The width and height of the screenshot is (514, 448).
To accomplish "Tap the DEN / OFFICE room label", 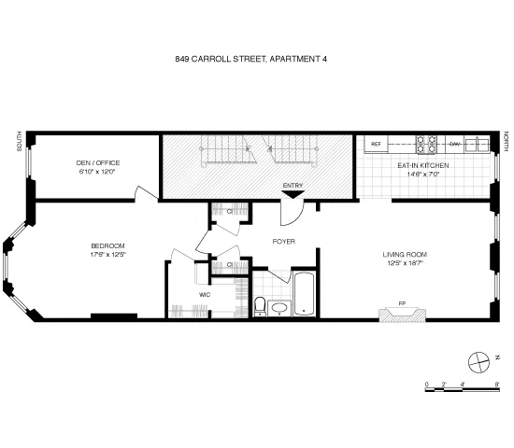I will tap(98, 162).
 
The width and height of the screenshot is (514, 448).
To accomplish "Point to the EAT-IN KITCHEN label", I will tap(423, 165).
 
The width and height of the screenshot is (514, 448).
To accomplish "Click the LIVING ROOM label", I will tap(405, 254).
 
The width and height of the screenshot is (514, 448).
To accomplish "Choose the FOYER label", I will tap(283, 241).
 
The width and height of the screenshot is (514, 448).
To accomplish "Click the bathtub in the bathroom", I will tap(306, 294).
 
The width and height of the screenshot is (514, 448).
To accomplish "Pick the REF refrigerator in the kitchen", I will tap(377, 144).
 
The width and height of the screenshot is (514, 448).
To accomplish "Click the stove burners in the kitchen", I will tap(426, 144).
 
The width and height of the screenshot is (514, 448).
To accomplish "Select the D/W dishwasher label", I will tap(454, 144).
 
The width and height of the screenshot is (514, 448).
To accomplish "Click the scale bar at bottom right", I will tap(460, 385).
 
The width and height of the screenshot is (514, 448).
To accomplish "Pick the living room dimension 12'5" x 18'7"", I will tap(405, 262).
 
